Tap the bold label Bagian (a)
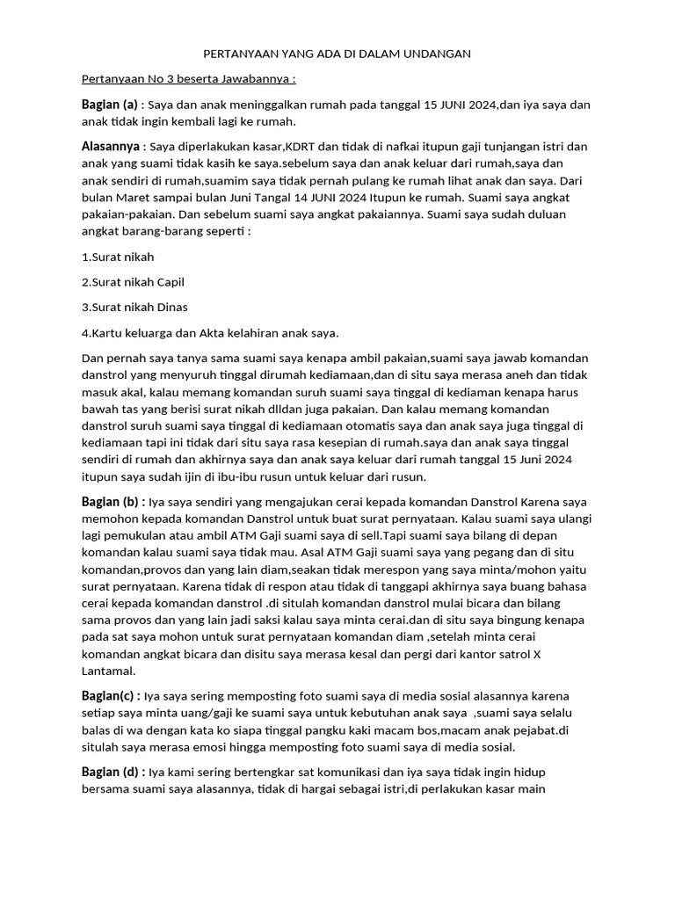click(110, 105)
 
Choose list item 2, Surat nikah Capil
click(133, 282)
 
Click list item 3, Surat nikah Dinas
click(134, 307)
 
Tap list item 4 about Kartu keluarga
click(209, 332)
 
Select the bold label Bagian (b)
click(112, 502)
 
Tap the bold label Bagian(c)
click(110, 696)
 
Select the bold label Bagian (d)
click(112, 772)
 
